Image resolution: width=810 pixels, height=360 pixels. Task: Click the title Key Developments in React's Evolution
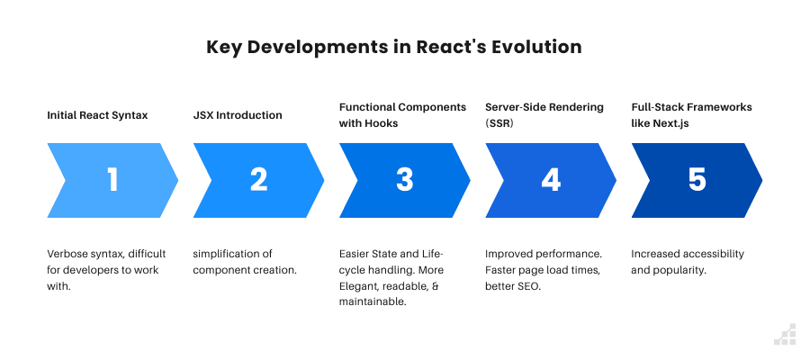(394, 47)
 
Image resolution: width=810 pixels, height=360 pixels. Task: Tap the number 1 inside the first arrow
(112, 180)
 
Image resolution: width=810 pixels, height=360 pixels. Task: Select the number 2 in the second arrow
(258, 180)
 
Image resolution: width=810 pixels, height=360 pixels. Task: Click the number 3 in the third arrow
(404, 180)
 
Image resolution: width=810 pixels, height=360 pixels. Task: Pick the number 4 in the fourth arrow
(550, 180)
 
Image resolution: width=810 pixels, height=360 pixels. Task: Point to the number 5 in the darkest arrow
(697, 180)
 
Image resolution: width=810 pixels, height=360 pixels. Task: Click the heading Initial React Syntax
(97, 115)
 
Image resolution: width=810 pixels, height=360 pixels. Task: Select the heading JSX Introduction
(238, 115)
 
